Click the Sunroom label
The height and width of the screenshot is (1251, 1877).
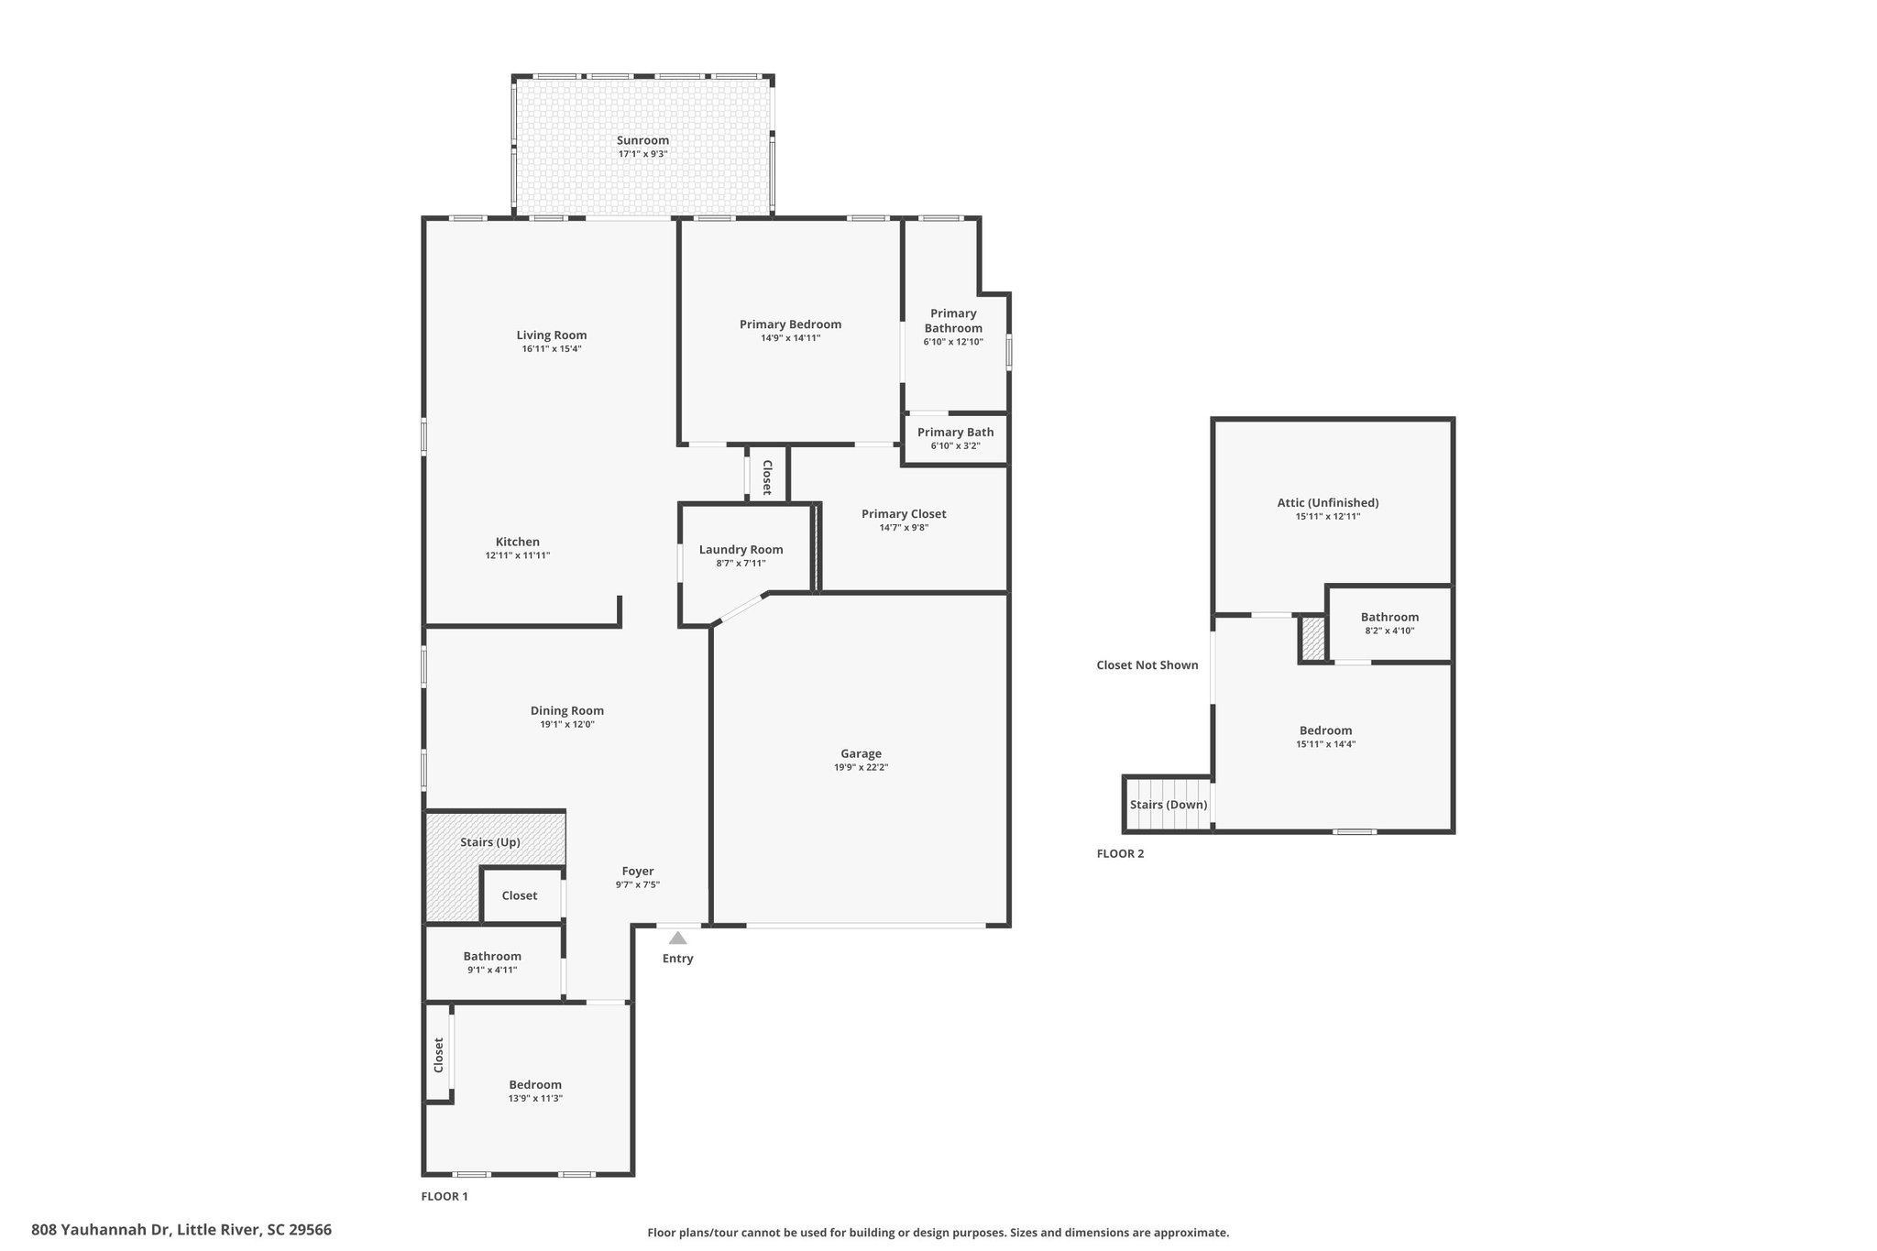tap(642, 140)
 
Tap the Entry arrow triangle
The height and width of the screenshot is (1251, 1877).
tap(677, 938)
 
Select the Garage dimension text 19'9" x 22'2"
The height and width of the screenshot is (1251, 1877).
tap(861, 767)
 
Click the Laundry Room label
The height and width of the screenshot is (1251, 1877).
tap(741, 550)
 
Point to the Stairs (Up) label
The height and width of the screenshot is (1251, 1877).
tap(489, 841)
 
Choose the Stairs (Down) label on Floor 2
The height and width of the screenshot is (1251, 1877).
tap(1168, 805)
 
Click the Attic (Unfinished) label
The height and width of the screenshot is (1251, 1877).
tap(1327, 502)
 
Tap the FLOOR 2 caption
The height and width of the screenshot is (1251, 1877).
tap(1120, 853)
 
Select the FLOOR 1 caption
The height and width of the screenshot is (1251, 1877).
tap(445, 1196)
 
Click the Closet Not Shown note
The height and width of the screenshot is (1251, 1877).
tap(1147, 665)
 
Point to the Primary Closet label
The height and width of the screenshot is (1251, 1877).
tap(904, 514)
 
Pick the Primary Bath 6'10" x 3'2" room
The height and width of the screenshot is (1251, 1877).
tap(955, 438)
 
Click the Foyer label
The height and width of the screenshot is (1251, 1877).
tap(638, 872)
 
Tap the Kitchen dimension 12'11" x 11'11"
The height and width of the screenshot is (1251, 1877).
tap(517, 555)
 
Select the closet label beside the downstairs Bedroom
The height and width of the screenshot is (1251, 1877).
tap(439, 1055)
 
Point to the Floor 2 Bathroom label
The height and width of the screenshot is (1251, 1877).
tap(1389, 617)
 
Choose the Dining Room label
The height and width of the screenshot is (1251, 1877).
tap(566, 710)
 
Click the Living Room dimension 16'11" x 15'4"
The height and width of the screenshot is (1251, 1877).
tap(551, 348)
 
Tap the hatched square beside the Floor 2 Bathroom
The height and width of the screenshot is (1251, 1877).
tap(1313, 638)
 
